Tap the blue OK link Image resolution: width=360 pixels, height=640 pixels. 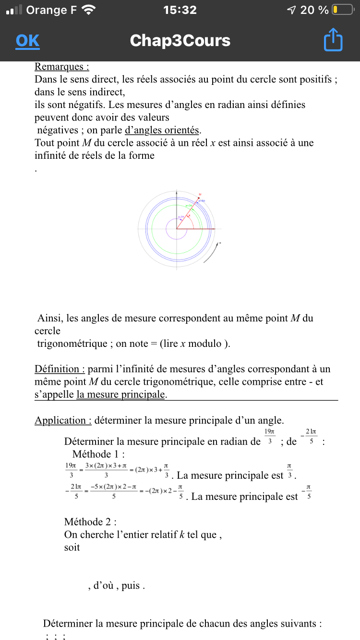click(x=27, y=41)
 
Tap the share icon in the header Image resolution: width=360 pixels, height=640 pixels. click(x=333, y=40)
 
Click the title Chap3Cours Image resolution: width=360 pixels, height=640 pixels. click(x=180, y=41)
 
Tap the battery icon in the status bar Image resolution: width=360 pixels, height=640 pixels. click(x=343, y=10)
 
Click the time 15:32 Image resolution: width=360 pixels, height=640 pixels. click(x=180, y=10)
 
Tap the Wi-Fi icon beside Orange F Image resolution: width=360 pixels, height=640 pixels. click(x=89, y=10)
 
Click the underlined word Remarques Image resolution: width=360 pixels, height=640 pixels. click(x=61, y=67)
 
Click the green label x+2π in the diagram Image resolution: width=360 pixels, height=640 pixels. click(x=189, y=206)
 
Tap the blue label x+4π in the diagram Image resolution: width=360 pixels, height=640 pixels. click(x=202, y=201)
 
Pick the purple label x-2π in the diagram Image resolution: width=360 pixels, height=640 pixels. click(x=181, y=217)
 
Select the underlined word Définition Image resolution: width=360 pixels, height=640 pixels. click(x=60, y=369)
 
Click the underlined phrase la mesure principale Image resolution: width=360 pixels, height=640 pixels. click(x=121, y=395)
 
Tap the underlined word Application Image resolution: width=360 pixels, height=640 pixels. click(x=63, y=420)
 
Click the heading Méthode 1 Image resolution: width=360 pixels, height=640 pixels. click(x=98, y=454)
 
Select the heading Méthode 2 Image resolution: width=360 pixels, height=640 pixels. click(x=90, y=521)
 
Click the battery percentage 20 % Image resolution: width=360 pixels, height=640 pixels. click(x=314, y=10)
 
